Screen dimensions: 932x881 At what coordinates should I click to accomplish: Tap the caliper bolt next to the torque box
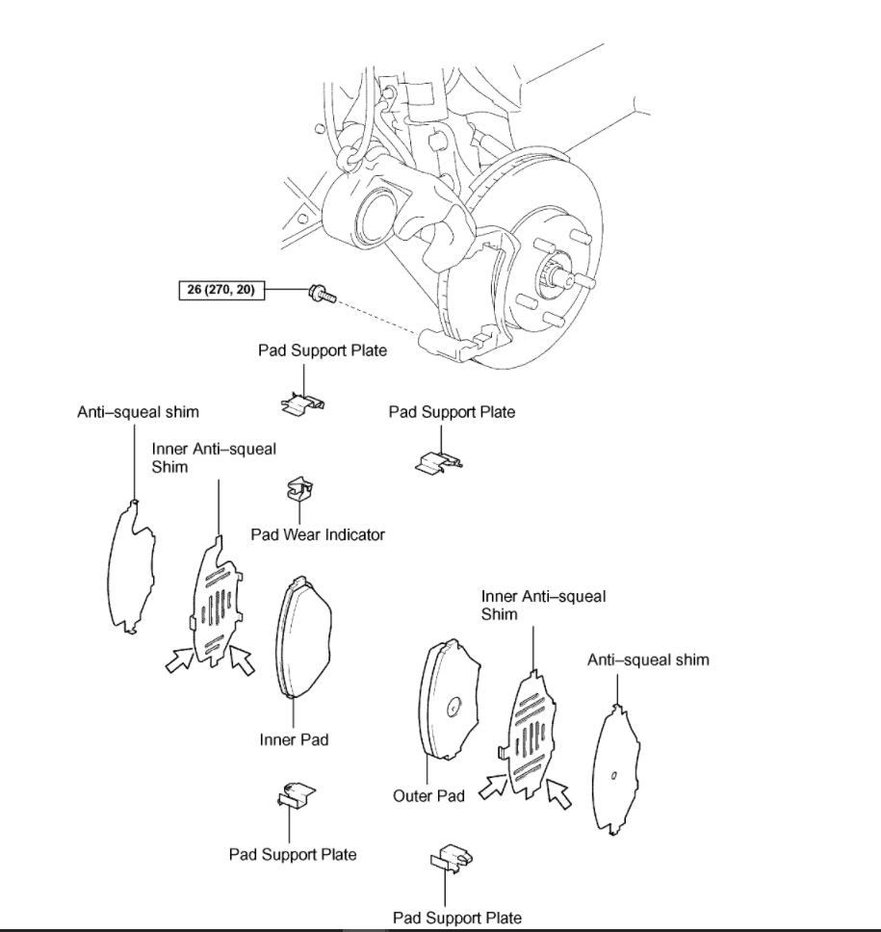pos(321,293)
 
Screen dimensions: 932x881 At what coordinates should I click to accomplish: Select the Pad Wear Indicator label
pos(318,534)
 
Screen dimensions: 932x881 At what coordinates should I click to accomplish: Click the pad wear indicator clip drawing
pos(298,492)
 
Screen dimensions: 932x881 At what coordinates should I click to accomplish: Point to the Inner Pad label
pos(294,739)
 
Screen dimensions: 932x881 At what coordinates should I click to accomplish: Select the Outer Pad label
pos(428,796)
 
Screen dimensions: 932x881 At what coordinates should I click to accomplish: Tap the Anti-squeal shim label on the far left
pos(138,412)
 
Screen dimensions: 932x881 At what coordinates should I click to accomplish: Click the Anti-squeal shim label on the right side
pos(648,660)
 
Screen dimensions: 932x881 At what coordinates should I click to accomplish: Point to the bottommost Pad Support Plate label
pos(456,918)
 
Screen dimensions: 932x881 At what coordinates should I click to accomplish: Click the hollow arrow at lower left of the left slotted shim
pos(179,660)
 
